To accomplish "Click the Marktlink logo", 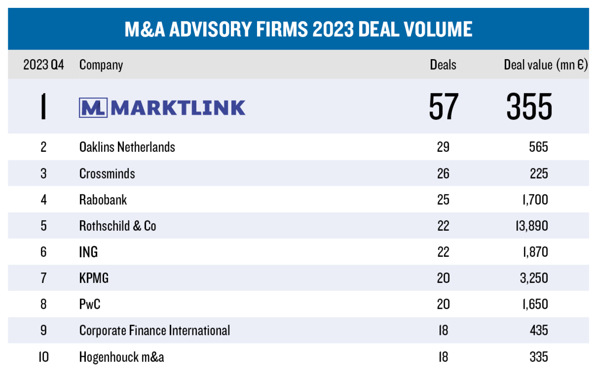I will click(162, 108).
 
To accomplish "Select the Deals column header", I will click(443, 65).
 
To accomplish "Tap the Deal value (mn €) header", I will click(546, 65).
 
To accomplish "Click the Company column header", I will click(101, 65).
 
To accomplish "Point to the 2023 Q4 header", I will click(43, 65).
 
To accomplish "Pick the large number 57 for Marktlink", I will click(443, 107).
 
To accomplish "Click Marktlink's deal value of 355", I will click(529, 107).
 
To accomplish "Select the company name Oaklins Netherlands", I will click(127, 147).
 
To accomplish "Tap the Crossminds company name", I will click(107, 174).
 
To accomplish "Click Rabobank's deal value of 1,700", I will click(535, 200).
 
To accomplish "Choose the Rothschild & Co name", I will click(118, 226).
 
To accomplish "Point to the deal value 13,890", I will click(532, 226).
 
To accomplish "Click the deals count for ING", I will click(443, 252).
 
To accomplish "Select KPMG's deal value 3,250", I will click(534, 278).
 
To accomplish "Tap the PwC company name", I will click(90, 305).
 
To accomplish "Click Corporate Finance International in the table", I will click(154, 331).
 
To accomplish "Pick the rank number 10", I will click(43, 357).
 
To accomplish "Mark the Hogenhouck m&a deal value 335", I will click(538, 357).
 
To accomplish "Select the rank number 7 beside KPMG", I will click(43, 278).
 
